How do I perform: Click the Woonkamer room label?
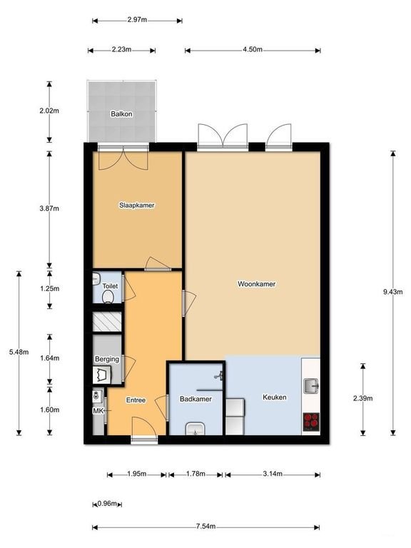click(256, 283)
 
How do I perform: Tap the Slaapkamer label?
click(136, 205)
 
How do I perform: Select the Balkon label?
click(121, 114)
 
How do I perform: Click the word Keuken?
click(275, 397)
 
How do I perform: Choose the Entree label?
click(136, 400)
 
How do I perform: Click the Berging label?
click(106, 359)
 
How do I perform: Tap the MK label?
click(98, 411)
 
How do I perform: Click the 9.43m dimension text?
click(393, 292)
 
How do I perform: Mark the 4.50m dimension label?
click(252, 50)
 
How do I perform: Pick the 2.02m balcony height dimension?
click(49, 112)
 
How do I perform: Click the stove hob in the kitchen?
click(312, 421)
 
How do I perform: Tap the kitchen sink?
click(312, 386)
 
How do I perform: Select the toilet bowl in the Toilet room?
click(108, 299)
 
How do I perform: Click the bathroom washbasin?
click(196, 429)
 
